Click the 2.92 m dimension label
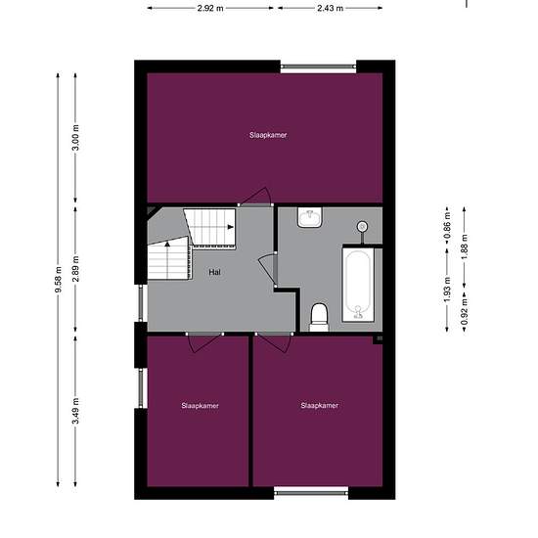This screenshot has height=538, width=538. click(210, 8)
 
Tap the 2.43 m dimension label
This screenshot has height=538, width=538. click(330, 8)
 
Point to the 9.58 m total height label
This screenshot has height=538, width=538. click(59, 280)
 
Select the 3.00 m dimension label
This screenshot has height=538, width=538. click(76, 138)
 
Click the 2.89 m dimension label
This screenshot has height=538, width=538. click(76, 269)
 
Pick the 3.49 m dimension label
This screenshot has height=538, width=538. click(76, 411)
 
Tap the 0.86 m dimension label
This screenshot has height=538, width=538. click(447, 225)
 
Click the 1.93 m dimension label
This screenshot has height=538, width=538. click(447, 291)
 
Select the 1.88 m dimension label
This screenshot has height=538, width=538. click(465, 247)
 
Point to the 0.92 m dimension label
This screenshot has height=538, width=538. click(465, 311)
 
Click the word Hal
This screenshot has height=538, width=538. click(214, 273)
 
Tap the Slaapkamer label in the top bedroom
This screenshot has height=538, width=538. click(268, 135)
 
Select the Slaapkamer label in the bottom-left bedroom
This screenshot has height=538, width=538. click(200, 406)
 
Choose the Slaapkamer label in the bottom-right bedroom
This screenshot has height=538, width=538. click(320, 406)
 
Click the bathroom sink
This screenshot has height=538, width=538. click(310, 217)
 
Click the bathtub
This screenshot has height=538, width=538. click(358, 285)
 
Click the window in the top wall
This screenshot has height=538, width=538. click(319, 67)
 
